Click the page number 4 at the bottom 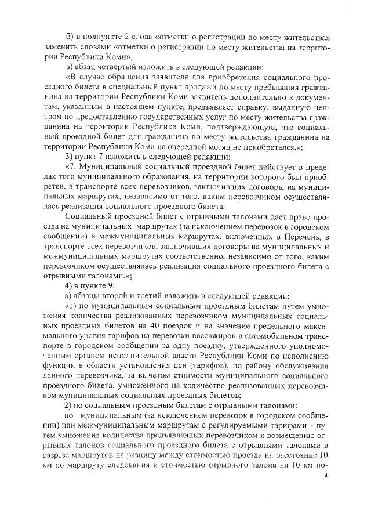click(x=327, y=475)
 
